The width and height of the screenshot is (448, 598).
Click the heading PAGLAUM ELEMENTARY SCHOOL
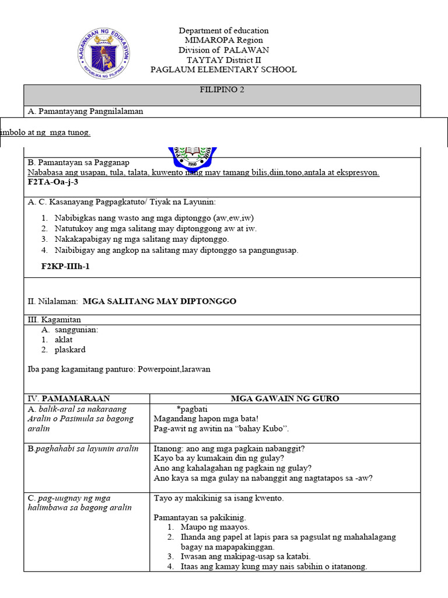point(223,69)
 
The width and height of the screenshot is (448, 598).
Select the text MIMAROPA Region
point(223,40)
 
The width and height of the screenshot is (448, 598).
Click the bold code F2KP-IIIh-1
point(65,266)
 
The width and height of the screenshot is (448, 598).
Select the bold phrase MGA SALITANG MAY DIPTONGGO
point(159,301)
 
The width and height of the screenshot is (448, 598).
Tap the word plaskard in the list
point(70,350)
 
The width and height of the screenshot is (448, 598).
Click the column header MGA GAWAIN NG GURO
point(285,398)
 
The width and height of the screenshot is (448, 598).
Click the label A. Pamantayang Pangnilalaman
point(85,111)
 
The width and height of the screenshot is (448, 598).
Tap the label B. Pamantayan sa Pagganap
point(79,162)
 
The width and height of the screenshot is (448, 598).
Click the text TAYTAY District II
point(223,60)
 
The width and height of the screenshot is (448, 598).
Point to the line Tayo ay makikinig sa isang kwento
point(219,499)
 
